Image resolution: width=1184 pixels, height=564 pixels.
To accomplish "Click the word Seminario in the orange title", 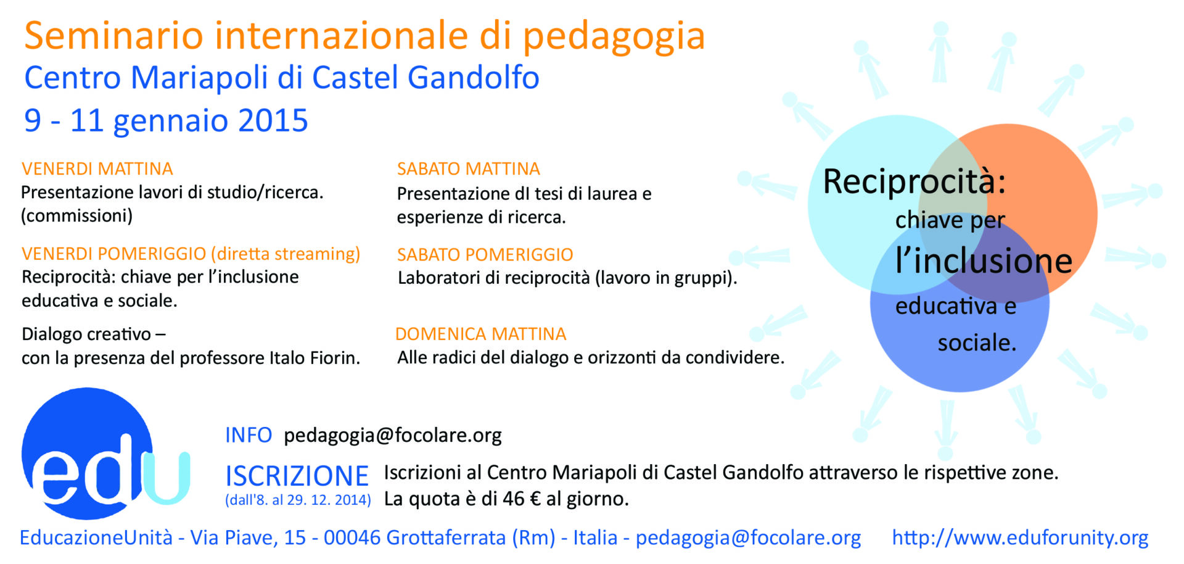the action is coord(113,35).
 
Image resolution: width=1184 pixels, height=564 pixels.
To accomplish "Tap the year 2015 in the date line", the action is coord(273,120).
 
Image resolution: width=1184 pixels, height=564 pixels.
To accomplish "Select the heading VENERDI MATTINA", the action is coord(97,168).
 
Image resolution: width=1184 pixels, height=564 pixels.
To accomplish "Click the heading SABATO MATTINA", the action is coord(469,168).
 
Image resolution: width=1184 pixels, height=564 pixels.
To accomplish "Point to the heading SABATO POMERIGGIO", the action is coord(485,254).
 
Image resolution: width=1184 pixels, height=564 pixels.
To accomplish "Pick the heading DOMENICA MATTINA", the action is coord(481,334).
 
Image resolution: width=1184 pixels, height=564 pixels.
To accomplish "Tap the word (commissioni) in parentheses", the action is coord(77,216).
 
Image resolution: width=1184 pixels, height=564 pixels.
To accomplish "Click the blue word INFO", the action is coord(249,435).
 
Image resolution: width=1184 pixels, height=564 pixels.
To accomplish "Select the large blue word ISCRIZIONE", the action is coord(297,476).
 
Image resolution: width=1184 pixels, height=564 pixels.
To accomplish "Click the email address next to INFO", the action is coord(393,436).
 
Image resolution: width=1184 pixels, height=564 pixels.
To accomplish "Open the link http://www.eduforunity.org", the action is coord(1020,538).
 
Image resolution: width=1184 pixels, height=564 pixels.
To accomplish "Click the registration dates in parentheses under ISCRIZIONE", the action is coord(298,500).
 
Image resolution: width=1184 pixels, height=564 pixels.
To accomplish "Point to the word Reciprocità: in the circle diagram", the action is coord(915,181).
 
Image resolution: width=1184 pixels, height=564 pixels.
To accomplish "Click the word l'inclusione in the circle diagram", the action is coord(984,260).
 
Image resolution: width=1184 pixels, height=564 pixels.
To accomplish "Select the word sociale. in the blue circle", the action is coord(977,342).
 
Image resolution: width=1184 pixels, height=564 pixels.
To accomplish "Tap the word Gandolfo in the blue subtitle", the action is coord(474,78).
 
